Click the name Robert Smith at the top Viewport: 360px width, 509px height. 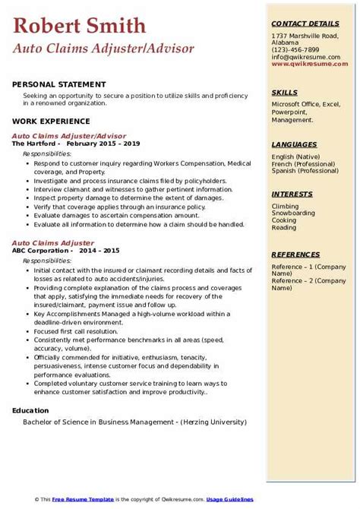point(79,26)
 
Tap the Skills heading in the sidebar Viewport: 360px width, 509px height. point(284,93)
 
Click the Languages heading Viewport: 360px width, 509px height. point(294,144)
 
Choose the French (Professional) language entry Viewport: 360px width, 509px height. point(305,163)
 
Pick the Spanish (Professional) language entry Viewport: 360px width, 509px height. point(305,170)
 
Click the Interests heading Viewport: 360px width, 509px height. point(292,194)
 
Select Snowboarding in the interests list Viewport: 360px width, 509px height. point(294,213)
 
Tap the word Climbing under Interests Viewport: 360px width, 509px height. point(286,207)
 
